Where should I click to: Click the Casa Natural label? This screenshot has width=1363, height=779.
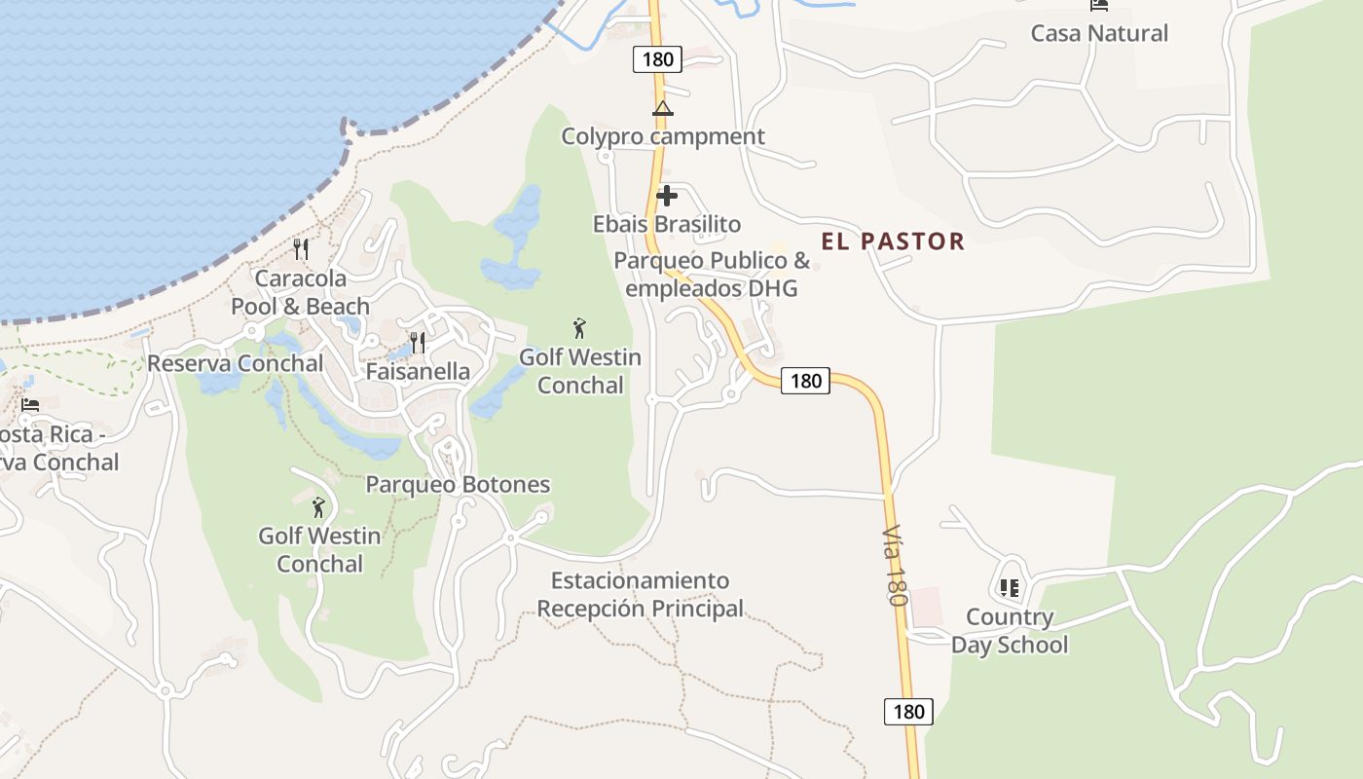point(1099,33)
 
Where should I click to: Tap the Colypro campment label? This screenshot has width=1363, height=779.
point(663,136)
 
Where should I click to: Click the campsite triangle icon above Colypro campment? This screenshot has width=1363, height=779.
point(663,108)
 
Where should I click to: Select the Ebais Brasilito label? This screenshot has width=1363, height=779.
point(667,224)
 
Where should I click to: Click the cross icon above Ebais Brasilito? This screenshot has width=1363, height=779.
point(667,196)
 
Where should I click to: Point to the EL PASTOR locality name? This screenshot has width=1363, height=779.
point(893,241)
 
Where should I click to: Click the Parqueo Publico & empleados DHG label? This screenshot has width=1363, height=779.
point(712,275)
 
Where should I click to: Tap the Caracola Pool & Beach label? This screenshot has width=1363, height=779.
point(300,292)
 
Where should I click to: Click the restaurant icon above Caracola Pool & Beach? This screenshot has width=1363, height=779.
point(301,249)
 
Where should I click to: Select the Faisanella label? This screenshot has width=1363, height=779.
point(418,371)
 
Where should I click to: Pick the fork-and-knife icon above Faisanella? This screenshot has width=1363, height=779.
point(418,342)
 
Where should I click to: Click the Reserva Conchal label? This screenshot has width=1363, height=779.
point(236,363)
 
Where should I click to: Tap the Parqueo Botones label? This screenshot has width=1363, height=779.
point(458,484)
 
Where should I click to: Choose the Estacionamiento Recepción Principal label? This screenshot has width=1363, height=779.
point(641,594)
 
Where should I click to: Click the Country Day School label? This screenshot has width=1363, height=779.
point(1010,631)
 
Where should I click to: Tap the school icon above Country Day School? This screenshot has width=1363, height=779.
point(1009,588)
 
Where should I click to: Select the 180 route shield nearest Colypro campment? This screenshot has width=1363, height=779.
point(657,59)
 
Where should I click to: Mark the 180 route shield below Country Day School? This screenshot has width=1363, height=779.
point(908,712)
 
